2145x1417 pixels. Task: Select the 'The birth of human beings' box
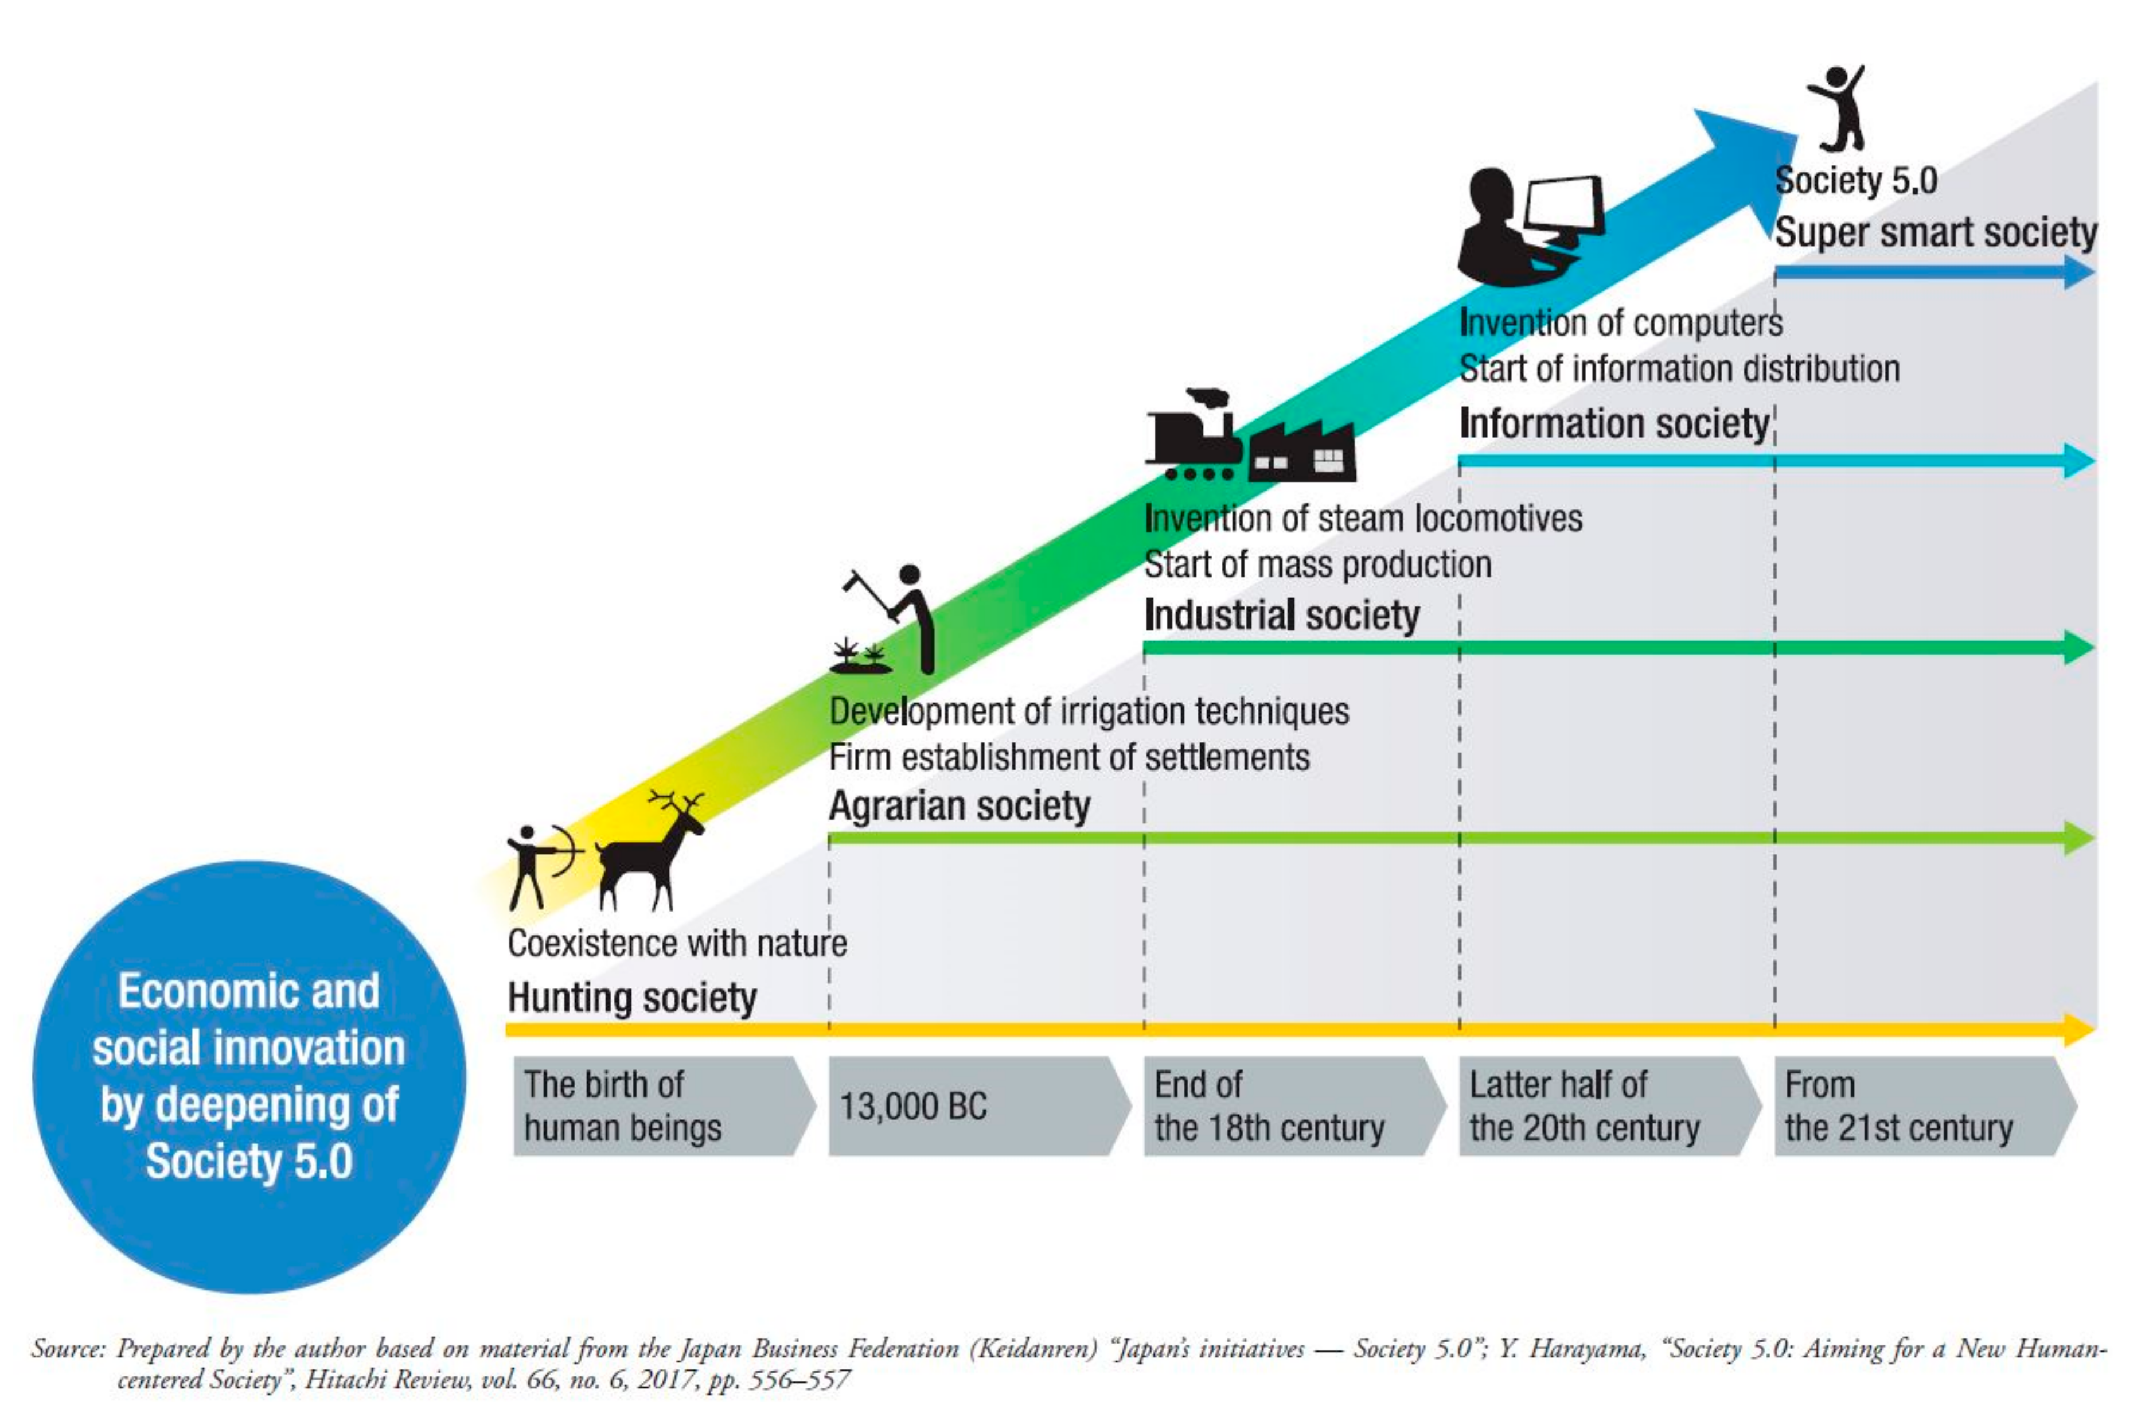(660, 1106)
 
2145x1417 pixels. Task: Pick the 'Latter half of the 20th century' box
(1605, 1106)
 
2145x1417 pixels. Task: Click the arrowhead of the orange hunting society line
(2078, 1029)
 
